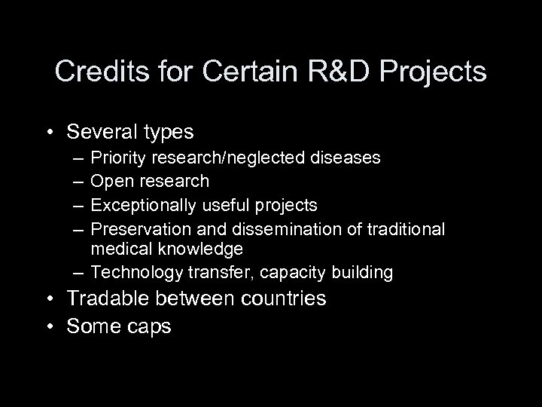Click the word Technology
[130, 271]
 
